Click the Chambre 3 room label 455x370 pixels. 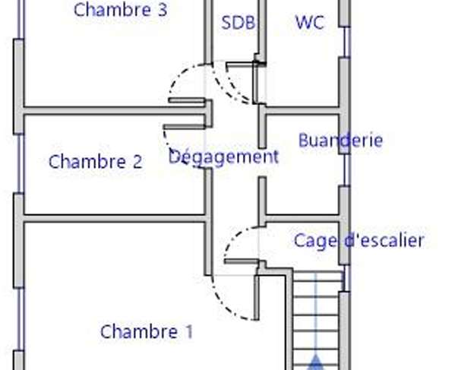121,9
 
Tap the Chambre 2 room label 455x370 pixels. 96,161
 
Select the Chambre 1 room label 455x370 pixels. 147,331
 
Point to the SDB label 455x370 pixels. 239,22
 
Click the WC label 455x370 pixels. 309,22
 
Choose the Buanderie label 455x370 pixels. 340,140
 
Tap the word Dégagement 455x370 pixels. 223,157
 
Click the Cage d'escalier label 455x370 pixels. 359,241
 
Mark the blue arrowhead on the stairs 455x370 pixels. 316,362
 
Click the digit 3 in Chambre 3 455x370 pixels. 163,10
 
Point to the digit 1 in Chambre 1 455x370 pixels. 189,331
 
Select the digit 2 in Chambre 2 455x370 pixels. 137,162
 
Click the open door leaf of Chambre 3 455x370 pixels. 187,100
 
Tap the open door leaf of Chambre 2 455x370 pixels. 185,127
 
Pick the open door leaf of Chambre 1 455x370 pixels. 257,298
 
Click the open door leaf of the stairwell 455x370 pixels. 242,262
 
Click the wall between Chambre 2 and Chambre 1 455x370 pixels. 115,219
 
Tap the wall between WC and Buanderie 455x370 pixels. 302,111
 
